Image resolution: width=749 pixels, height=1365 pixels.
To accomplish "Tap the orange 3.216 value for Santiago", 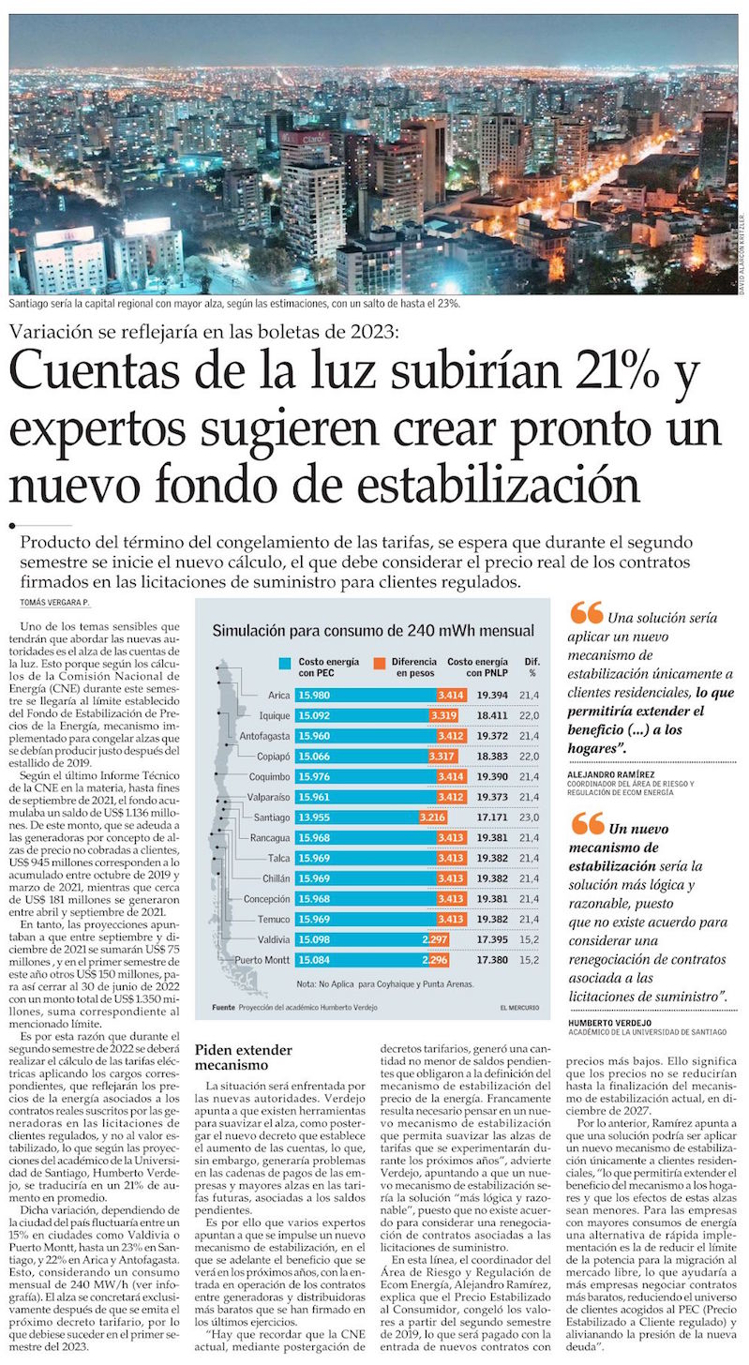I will [x=432, y=817].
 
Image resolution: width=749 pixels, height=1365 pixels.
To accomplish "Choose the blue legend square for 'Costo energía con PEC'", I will [x=284, y=662].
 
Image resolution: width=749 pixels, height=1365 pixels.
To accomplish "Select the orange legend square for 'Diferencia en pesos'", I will [x=380, y=662].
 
